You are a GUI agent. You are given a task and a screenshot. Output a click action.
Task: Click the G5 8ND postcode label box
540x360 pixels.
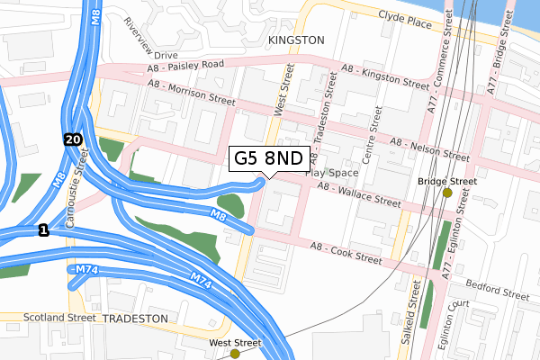pyautogui.click(x=269, y=159)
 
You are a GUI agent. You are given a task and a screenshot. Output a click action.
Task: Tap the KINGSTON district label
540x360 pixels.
pyautogui.click(x=295, y=41)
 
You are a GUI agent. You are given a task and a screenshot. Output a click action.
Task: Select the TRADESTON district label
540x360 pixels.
pyautogui.click(x=135, y=319)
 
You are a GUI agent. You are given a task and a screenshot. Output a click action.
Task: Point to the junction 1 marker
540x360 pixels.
pyautogui.click(x=42, y=232)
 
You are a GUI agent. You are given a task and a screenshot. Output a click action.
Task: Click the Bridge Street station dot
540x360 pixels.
pyautogui.click(x=447, y=193)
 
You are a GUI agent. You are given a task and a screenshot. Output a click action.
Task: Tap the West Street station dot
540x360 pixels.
pyautogui.click(x=235, y=354)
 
